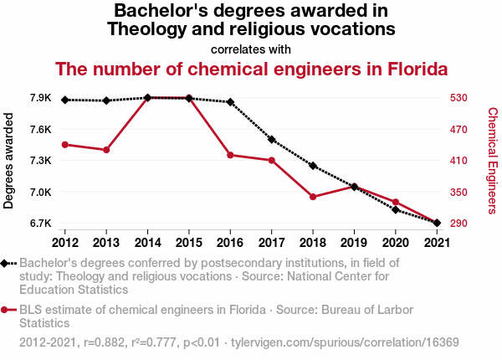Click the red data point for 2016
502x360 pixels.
(x=230, y=155)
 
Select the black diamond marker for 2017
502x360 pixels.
(x=271, y=139)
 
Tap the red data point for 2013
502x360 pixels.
(x=106, y=150)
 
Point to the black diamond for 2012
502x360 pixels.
(x=65, y=100)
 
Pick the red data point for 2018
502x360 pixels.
(x=312, y=197)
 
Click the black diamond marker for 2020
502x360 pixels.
(x=395, y=209)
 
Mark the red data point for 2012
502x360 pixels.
(x=65, y=145)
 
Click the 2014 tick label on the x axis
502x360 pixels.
(x=147, y=243)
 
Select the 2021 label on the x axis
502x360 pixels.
(x=436, y=243)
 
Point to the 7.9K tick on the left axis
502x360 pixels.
(x=40, y=98)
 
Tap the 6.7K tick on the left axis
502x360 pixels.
(x=40, y=224)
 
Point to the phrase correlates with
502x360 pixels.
(x=251, y=49)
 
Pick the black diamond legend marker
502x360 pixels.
(x=6, y=263)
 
